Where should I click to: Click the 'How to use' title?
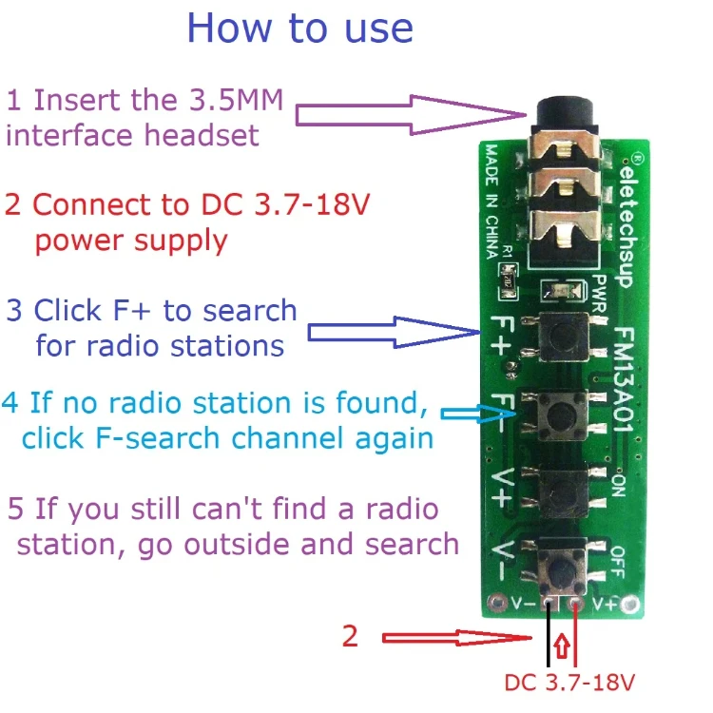coord(300,28)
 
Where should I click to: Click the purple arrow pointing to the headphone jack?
coord(409,114)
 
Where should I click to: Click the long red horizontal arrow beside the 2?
coord(446,638)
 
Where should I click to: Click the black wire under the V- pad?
coord(549,637)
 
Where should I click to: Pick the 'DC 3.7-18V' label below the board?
coord(568,682)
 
